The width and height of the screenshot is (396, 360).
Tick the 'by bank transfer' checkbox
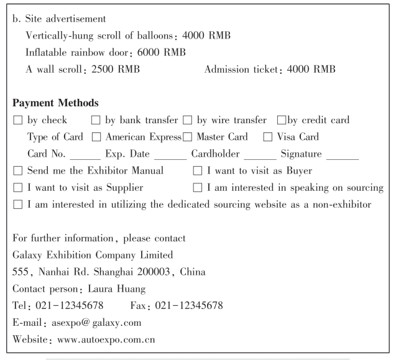tap(96, 120)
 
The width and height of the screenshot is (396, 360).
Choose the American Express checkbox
tap(96, 136)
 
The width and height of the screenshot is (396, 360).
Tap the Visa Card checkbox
tap(268, 136)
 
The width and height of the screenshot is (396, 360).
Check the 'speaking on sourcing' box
tap(197, 187)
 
